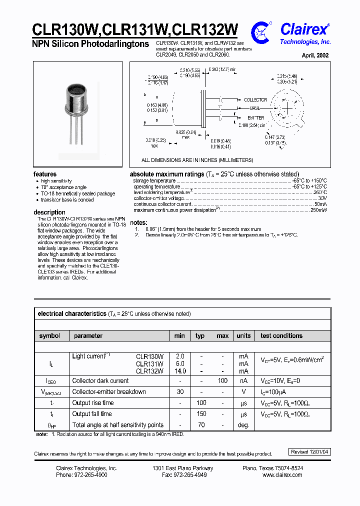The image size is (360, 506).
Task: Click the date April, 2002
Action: coord(315,55)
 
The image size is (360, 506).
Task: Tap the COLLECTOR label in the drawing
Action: coord(255,100)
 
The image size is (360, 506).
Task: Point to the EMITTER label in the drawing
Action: coord(253,118)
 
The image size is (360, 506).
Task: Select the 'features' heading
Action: coord(45,174)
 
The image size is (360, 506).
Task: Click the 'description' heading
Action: coord(49,212)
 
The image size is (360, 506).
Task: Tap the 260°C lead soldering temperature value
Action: coord(320,192)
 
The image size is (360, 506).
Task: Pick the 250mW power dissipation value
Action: coord(318,210)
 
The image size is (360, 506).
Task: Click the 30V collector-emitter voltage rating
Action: coord(322,198)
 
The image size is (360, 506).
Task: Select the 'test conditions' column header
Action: coord(281,335)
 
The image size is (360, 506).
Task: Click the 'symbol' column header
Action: coord(49,335)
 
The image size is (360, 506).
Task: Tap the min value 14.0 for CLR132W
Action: coord(180,371)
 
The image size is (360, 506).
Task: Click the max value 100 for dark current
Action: coord(222,380)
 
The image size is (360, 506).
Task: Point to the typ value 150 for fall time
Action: coord(201,413)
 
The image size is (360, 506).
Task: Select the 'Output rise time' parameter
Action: coord(93,402)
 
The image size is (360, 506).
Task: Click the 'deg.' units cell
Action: coord(243,424)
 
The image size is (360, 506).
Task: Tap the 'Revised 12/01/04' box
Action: coord(310,451)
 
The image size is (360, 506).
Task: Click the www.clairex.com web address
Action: coord(282,474)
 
